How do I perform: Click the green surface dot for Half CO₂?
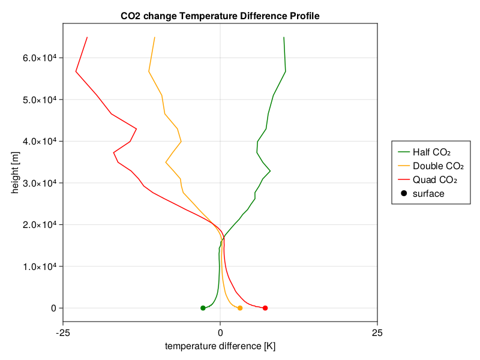point(203,308)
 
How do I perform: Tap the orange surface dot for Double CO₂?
point(240,308)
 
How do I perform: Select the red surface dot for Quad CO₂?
point(265,308)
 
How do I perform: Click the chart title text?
point(220,16)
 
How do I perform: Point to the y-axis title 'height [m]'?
point(14,173)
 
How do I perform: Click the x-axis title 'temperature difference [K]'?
point(220,346)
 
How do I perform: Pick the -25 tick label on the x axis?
point(63,333)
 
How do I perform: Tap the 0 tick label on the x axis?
point(220,333)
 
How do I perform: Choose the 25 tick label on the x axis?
point(377,333)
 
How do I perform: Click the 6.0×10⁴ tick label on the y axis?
point(40,58)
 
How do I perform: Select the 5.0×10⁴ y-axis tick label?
point(40,100)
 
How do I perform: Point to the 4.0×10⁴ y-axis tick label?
point(40,141)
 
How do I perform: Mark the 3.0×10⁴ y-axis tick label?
point(40,183)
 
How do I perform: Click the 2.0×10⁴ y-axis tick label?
point(40,224)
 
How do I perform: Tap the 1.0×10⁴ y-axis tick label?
point(40,266)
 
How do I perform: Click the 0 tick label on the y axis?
point(53,308)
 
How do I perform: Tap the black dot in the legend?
point(404,193)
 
